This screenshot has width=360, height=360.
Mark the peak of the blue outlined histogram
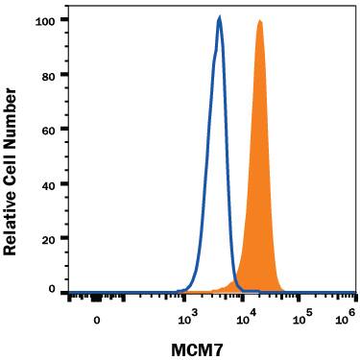[220, 17]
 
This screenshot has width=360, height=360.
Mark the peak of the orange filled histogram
[259, 21]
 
